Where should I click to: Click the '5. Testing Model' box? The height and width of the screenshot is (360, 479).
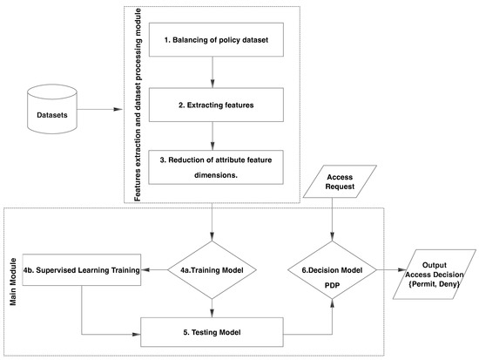[213, 332]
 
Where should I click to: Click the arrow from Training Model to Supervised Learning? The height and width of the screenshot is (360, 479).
[154, 269]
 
